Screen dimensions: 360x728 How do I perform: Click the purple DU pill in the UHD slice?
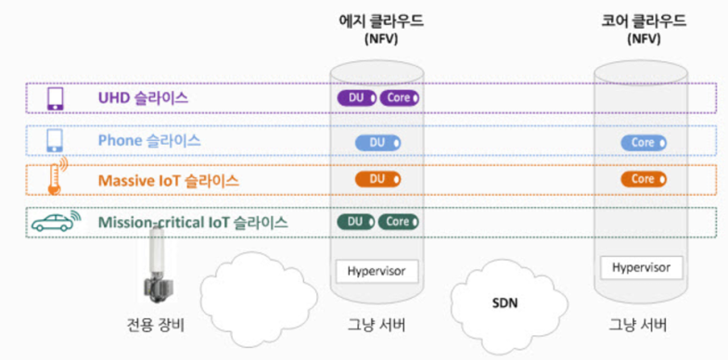357,96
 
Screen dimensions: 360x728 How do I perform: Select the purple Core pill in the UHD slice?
399,96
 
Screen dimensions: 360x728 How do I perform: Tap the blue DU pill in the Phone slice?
377,142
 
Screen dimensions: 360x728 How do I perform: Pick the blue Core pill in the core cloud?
644,142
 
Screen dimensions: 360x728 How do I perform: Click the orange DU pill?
377,178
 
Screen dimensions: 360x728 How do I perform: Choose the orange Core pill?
644,178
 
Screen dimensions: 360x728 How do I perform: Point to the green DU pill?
355,222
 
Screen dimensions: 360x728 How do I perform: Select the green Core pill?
398,222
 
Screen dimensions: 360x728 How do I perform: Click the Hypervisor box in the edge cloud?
377,272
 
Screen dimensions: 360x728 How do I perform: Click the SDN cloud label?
504,302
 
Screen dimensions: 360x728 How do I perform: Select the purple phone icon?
55,97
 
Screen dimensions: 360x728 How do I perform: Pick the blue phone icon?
55,141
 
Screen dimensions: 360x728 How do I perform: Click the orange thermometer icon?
57,178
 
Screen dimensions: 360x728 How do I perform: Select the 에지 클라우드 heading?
378,20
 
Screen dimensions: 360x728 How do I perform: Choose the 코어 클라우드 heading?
643,20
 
